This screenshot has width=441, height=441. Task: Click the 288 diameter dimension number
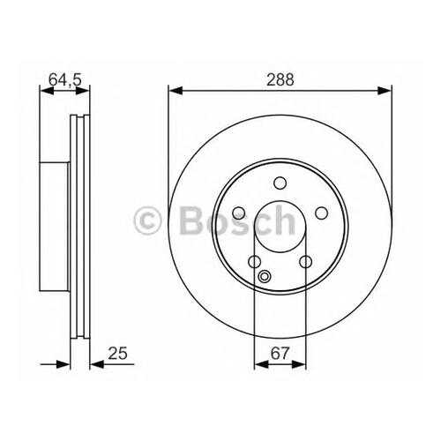tap(280, 79)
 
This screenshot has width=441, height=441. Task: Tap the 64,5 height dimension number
tap(64, 79)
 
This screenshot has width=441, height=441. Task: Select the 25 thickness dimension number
tap(117, 353)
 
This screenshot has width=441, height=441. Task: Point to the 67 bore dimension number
tap(280, 353)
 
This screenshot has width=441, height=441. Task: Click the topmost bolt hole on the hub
tap(280, 183)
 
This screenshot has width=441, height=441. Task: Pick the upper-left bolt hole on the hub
tap(239, 213)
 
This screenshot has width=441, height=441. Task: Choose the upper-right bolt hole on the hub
tap(321, 213)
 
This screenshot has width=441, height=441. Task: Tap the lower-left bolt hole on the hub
tap(255, 261)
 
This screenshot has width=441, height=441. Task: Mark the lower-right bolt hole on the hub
tap(306, 261)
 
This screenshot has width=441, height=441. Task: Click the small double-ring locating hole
tap(264, 276)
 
